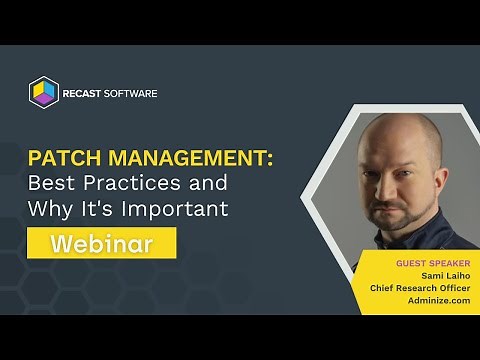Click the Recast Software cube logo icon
(x=45, y=94)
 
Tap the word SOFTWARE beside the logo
(x=133, y=94)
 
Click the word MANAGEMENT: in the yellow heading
(x=189, y=160)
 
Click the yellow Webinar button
(x=102, y=243)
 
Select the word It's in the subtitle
(x=103, y=210)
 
